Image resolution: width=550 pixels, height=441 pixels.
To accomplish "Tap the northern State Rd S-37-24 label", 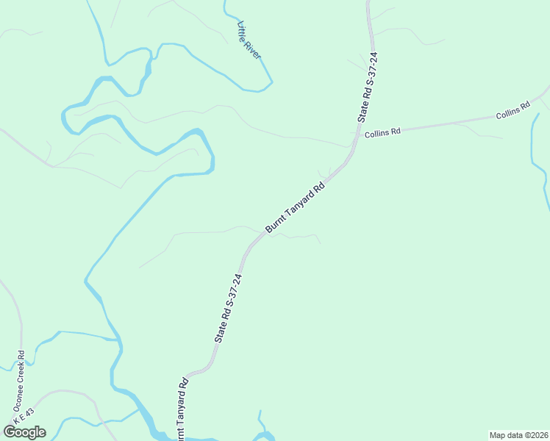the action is coord(367,87).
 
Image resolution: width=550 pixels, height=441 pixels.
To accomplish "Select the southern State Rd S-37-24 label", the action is coord(229,308).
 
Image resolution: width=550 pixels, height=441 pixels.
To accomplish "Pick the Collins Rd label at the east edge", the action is coord(512,111).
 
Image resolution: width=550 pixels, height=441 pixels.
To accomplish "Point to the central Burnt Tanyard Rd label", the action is coord(295,209).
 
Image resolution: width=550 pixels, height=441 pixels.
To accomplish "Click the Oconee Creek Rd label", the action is coord(20,380).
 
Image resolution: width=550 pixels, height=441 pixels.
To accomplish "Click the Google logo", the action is coord(25,432).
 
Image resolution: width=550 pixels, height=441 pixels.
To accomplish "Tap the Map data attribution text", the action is coord(518,435).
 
